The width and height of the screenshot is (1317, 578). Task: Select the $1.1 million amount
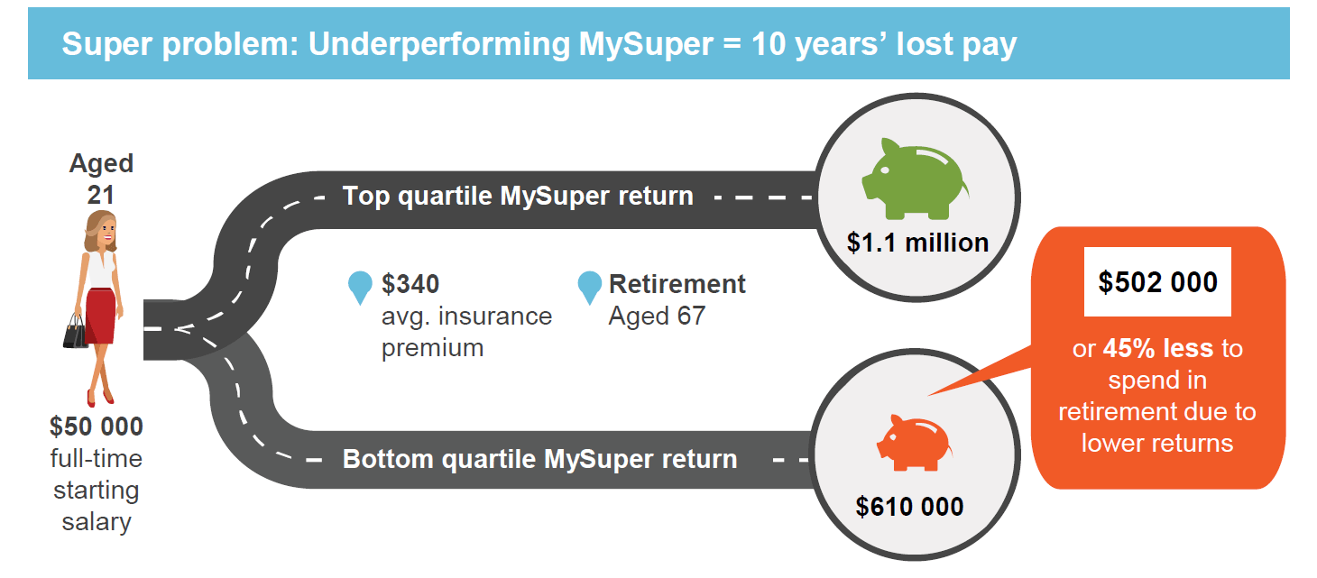(x=917, y=243)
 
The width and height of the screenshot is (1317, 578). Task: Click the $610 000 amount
(x=909, y=506)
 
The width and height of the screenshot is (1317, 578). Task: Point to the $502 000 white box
(x=1157, y=281)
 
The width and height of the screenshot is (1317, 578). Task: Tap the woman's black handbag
(x=75, y=333)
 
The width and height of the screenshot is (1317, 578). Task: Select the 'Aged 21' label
(x=101, y=178)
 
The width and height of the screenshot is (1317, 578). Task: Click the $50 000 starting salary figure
(x=96, y=426)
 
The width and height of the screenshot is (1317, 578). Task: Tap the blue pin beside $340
(x=360, y=287)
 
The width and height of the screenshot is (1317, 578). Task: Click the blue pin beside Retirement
(x=589, y=287)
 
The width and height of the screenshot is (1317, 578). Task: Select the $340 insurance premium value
(x=410, y=284)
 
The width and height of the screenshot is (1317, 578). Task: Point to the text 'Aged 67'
(x=657, y=317)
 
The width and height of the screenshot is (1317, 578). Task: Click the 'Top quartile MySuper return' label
(x=518, y=196)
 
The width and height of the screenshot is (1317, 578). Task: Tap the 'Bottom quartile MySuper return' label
(x=539, y=459)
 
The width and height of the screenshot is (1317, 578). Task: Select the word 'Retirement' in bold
(x=677, y=284)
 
